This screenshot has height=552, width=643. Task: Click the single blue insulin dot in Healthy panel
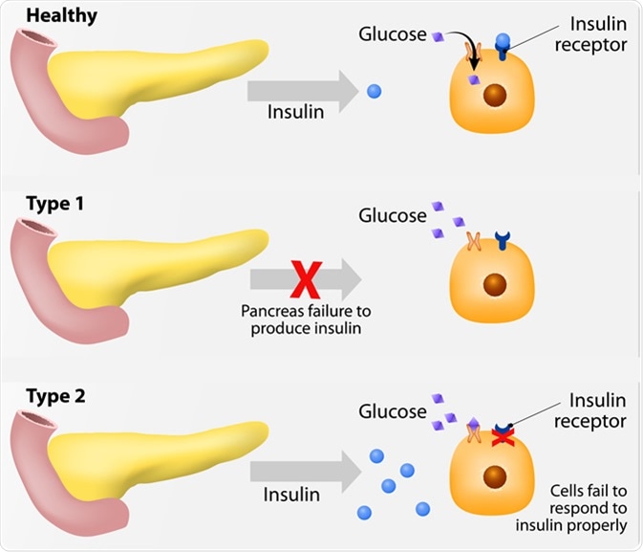[x=375, y=92]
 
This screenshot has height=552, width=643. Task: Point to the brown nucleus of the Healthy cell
[x=495, y=98]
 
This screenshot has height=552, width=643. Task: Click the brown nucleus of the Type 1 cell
[x=495, y=284]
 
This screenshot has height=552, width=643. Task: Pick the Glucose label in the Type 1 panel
[x=393, y=216]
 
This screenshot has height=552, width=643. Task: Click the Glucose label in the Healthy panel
[x=393, y=34]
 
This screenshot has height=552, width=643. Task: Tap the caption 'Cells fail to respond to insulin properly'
[x=586, y=507]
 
